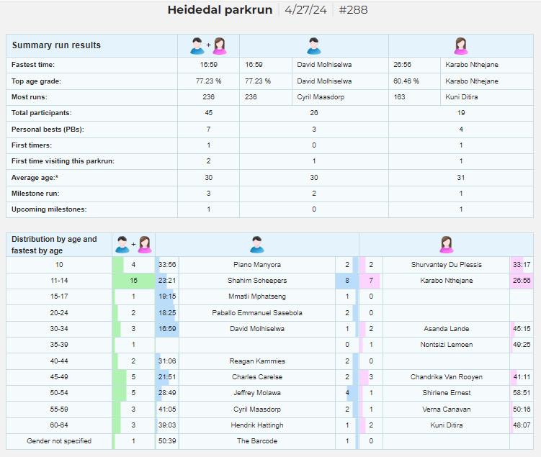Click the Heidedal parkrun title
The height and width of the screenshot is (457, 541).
220,9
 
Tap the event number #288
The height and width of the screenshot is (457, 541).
353,9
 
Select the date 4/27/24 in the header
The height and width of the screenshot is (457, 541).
305,9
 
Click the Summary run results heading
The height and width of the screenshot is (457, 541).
56,45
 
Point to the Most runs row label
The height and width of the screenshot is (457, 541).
30,97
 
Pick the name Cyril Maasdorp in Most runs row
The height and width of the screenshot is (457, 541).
321,97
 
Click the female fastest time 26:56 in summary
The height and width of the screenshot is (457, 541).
402,65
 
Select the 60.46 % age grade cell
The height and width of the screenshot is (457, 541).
406,81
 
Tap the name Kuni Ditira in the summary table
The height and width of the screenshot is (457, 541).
461,97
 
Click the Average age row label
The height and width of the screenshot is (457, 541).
35,178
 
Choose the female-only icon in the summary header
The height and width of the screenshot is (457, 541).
461,46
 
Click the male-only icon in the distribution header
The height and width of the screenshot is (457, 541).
257,245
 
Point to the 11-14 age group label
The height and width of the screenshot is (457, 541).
59,281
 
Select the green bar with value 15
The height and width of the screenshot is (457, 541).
133,281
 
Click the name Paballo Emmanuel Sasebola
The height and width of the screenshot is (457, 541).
257,312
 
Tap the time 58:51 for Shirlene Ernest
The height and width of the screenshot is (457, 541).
522,392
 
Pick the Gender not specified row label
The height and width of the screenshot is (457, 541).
59,440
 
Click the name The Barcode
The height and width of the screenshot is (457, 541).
257,440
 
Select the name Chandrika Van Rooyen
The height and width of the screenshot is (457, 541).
447,376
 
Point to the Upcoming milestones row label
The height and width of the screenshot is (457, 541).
49,209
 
